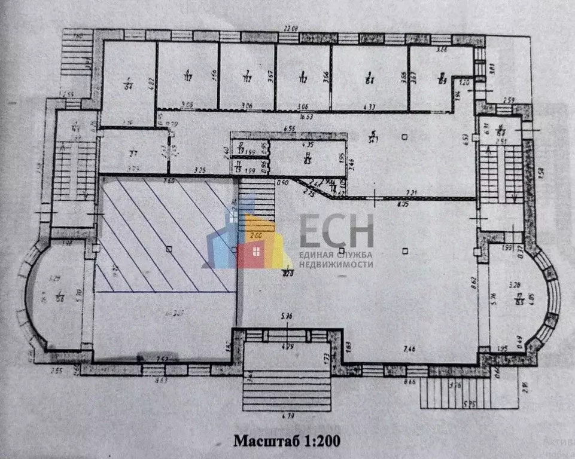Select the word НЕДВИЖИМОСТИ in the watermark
coord(336,264)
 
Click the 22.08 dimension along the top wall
coord(290,28)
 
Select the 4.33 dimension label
coord(369,107)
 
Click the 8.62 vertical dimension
coord(474,278)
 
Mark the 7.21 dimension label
coord(410,192)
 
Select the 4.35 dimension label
coord(309,145)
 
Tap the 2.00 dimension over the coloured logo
coord(257,235)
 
